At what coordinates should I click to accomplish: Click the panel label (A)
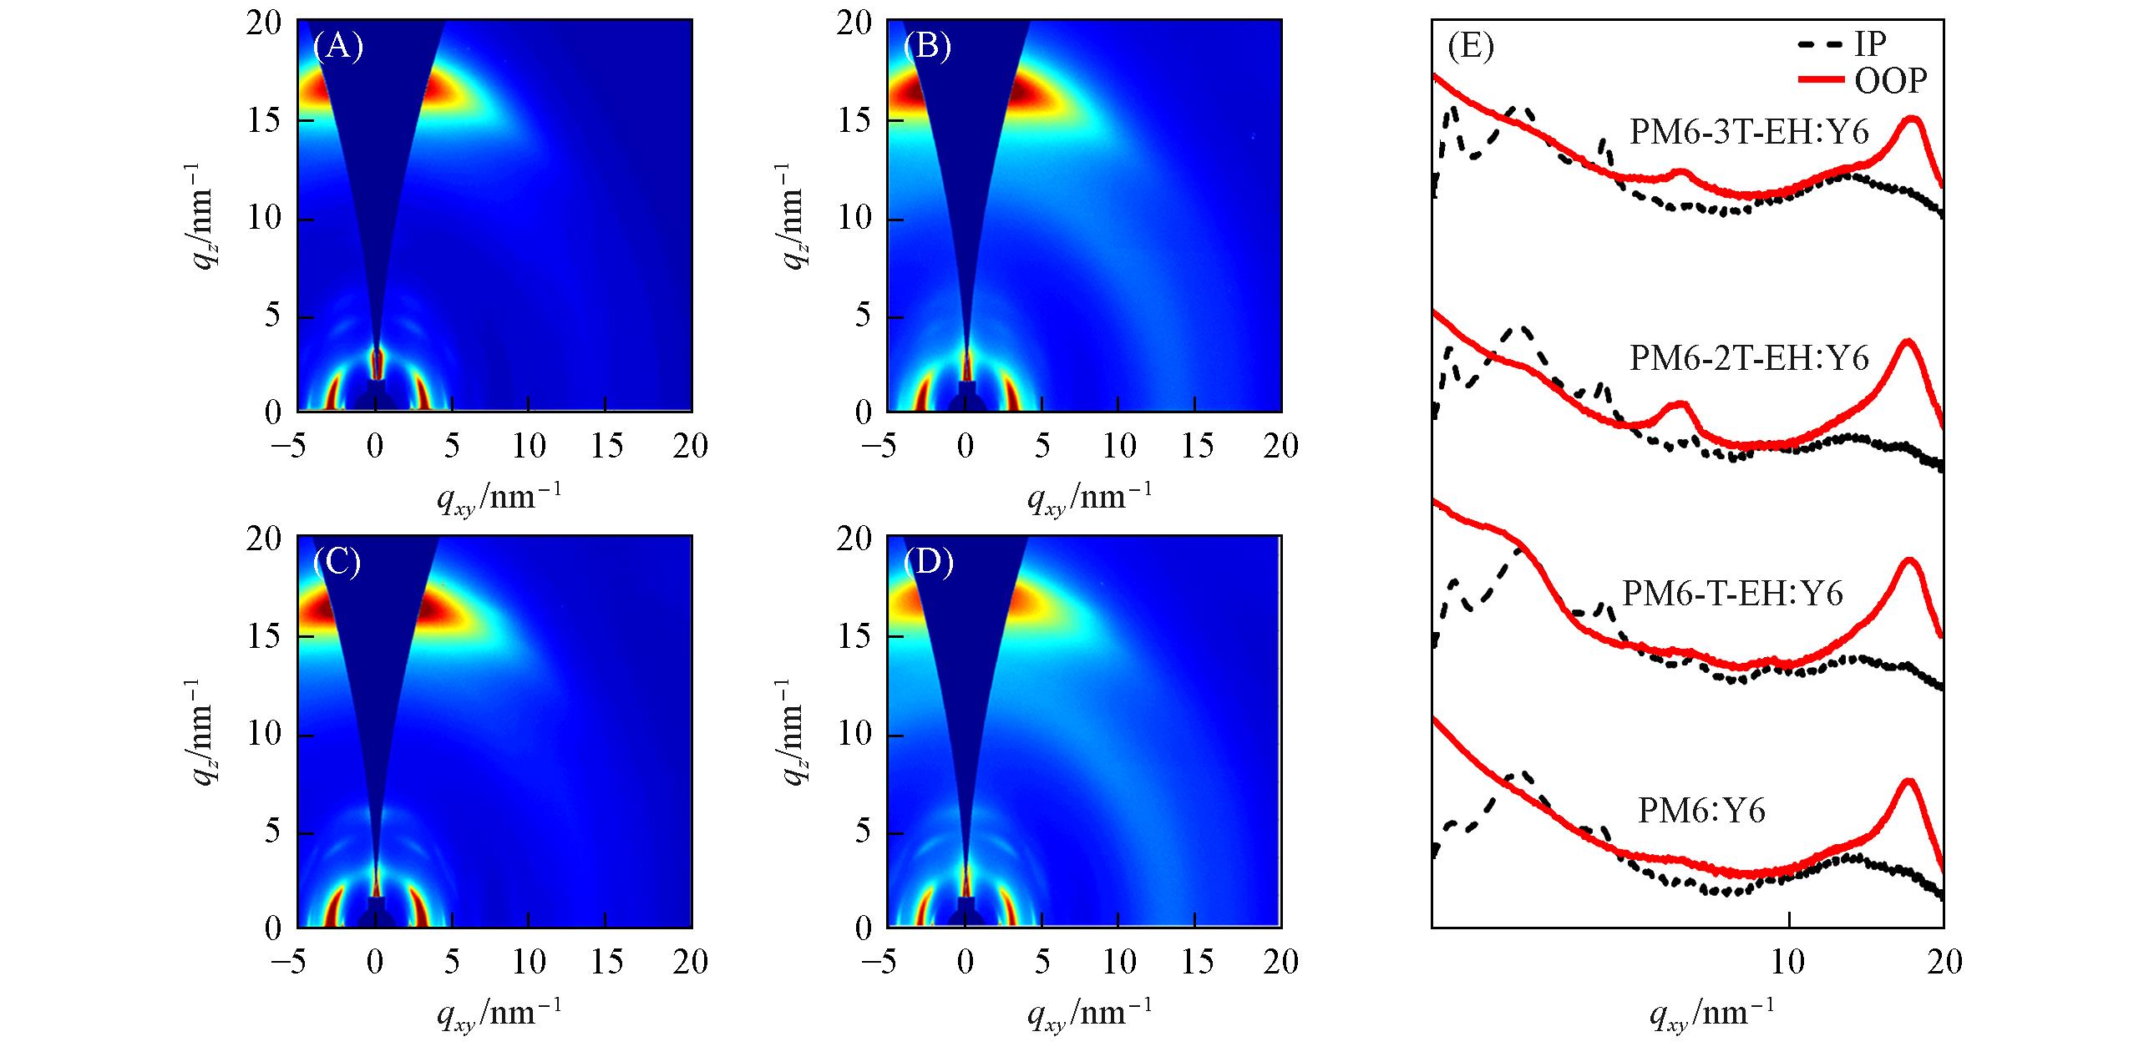tap(337, 47)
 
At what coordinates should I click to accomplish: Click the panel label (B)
tap(928, 47)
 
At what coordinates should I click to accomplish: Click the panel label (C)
tap(337, 563)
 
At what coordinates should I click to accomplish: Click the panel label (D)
tap(928, 563)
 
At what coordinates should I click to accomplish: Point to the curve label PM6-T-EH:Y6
tap(1732, 593)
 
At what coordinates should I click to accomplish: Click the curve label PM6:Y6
tap(1702, 811)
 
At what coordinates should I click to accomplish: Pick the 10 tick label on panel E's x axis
tap(1788, 962)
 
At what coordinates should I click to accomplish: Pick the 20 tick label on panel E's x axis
tap(1944, 962)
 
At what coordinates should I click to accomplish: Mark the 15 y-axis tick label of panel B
tap(855, 121)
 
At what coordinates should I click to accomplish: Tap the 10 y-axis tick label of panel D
tap(855, 736)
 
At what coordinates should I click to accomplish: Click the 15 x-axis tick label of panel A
tap(606, 447)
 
